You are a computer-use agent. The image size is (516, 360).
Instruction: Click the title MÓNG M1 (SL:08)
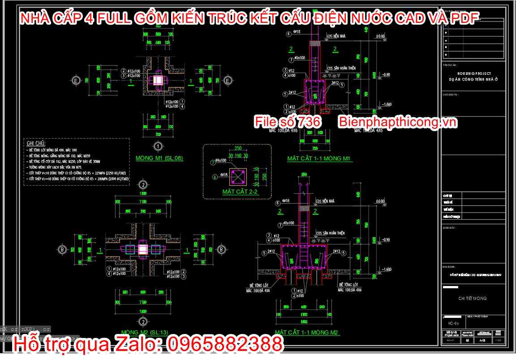coord(159,158)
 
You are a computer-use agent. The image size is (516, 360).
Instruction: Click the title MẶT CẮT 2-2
coord(240,192)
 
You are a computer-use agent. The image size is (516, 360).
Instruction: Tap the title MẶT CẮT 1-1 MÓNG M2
coord(306,333)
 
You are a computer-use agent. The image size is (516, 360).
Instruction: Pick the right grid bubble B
coord(221,249)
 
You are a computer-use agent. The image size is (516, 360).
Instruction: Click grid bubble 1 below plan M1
coord(158,146)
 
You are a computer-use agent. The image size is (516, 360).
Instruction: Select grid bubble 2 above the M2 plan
coord(142,185)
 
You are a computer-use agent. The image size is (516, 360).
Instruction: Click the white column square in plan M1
coord(159,80)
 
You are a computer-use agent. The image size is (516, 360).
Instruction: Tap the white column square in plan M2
coord(142,249)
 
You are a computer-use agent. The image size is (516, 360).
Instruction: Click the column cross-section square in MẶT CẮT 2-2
coord(237,176)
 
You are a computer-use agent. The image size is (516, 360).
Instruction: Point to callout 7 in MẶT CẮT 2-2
coord(212,160)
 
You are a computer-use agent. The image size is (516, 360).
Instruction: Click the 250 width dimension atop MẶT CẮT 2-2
coord(237,148)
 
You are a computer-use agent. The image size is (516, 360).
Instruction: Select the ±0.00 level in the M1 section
coord(380,36)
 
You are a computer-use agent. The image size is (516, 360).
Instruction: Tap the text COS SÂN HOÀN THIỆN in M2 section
coord(331,234)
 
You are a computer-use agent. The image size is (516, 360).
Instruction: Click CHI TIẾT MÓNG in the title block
coord(472,298)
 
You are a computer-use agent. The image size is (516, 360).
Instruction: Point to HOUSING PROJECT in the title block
coord(474,73)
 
